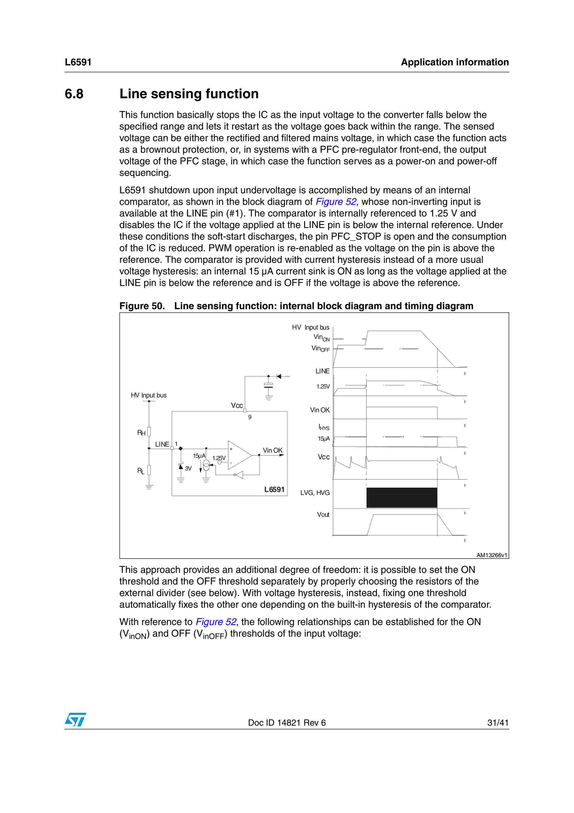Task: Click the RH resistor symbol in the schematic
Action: pyautogui.click(x=149, y=431)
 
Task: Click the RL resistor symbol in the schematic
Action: pyautogui.click(x=149, y=470)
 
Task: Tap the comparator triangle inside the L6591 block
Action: pyautogui.click(x=239, y=455)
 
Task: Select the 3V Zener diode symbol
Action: pyautogui.click(x=181, y=467)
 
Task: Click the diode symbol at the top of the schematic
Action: pyautogui.click(x=279, y=376)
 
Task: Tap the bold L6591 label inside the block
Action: pyautogui.click(x=274, y=489)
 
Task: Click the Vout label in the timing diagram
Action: pyautogui.click(x=323, y=514)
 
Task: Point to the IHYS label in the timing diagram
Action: pyautogui.click(x=324, y=427)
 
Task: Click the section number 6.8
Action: pyautogui.click(x=74, y=94)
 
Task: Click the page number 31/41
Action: pyautogui.click(x=498, y=723)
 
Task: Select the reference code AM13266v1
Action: pyautogui.click(x=491, y=555)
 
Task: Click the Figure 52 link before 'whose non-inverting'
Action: pyautogui.click(x=336, y=202)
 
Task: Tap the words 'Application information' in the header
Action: pyautogui.click(x=455, y=62)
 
